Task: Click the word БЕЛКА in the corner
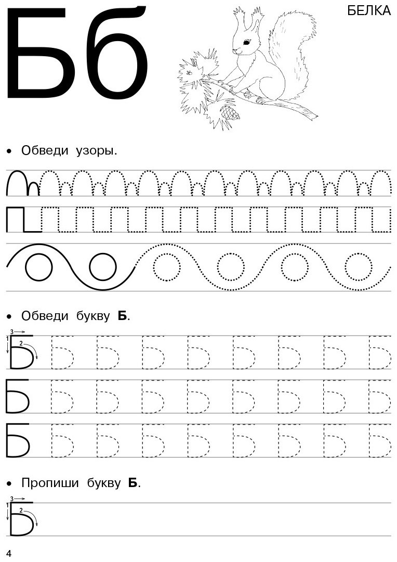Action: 369,11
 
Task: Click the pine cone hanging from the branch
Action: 229,112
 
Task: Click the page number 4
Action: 9,553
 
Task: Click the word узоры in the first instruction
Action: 96,151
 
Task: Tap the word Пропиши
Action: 50,483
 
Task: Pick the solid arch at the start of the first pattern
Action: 17,172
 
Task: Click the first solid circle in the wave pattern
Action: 38,266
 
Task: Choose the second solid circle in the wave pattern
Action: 103,266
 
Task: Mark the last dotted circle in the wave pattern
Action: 359,266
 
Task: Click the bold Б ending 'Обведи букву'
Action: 123,316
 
